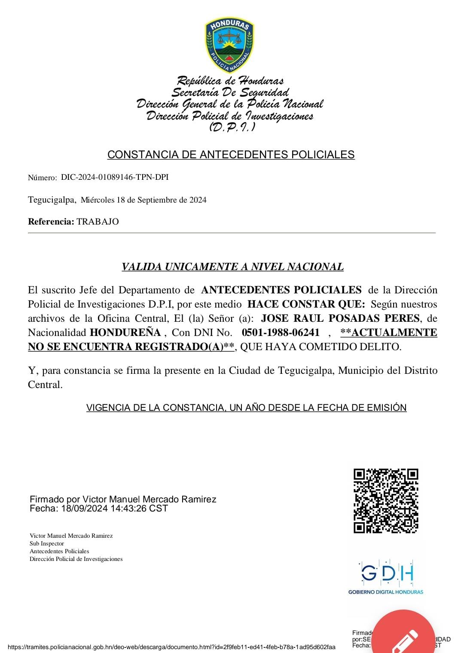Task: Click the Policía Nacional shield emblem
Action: point(229,46)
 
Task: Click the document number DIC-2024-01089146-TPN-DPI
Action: point(115,177)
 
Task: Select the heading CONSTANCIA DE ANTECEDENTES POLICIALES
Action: point(231,155)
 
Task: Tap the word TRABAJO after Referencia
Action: point(98,222)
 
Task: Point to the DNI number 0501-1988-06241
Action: point(281,333)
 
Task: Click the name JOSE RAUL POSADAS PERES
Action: point(340,318)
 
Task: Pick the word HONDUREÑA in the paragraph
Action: point(125,333)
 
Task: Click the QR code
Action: point(386,501)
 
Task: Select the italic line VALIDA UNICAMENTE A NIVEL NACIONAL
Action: point(232,267)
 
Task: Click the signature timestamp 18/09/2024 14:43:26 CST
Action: point(114,508)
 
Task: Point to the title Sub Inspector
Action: point(47,544)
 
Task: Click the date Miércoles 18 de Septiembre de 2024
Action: point(143,200)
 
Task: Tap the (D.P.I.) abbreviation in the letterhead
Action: point(232,127)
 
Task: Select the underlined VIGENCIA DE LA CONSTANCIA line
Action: point(246,408)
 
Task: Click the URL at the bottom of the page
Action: point(171,647)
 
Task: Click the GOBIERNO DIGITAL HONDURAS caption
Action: point(385,592)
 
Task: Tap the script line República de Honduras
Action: point(230,81)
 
